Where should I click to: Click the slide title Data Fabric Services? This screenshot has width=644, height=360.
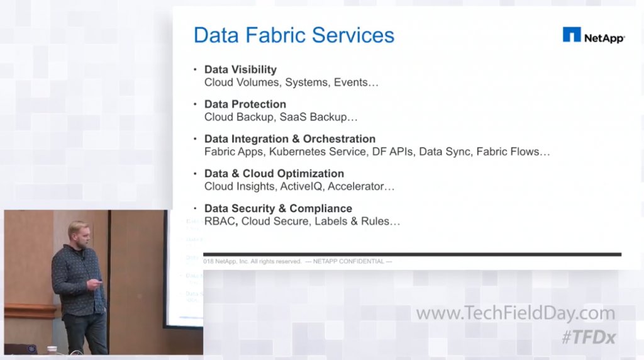(x=294, y=35)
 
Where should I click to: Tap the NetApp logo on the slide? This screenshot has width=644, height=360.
(x=593, y=36)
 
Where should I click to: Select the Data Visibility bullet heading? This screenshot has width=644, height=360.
(x=240, y=70)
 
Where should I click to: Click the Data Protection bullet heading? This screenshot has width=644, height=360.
(x=245, y=104)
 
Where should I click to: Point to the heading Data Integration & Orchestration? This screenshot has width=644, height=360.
(x=289, y=139)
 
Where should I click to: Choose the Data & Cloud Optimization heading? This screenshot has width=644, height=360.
(x=274, y=174)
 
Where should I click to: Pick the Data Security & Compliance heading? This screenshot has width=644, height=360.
(x=278, y=208)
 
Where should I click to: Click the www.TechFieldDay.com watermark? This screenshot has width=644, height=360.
(x=515, y=313)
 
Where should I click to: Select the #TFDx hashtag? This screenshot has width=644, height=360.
(x=588, y=337)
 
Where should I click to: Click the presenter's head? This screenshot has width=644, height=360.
(x=77, y=232)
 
